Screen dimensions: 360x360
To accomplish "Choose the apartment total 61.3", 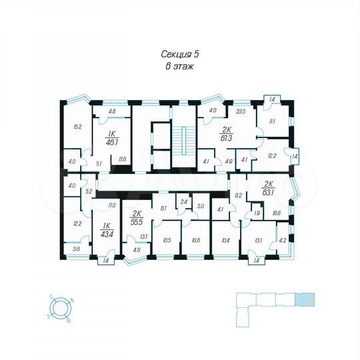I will pos(227,138).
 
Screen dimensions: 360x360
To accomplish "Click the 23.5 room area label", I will pos(241,112).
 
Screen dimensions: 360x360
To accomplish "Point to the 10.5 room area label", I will pos(167,240).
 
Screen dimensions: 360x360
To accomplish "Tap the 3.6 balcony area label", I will pos(76,249).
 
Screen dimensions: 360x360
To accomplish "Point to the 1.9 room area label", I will pos(257,214).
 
